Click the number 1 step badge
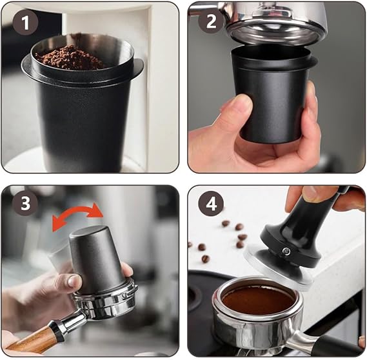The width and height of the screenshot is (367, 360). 25,23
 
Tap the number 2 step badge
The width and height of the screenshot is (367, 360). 211,22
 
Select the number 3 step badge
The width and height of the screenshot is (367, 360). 25,203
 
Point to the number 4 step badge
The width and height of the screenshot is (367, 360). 211,204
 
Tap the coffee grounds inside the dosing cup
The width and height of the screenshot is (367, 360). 70,57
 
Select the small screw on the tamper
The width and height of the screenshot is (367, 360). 286,251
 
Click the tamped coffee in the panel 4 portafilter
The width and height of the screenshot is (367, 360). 258,300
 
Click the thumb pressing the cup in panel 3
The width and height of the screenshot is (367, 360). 70,281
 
